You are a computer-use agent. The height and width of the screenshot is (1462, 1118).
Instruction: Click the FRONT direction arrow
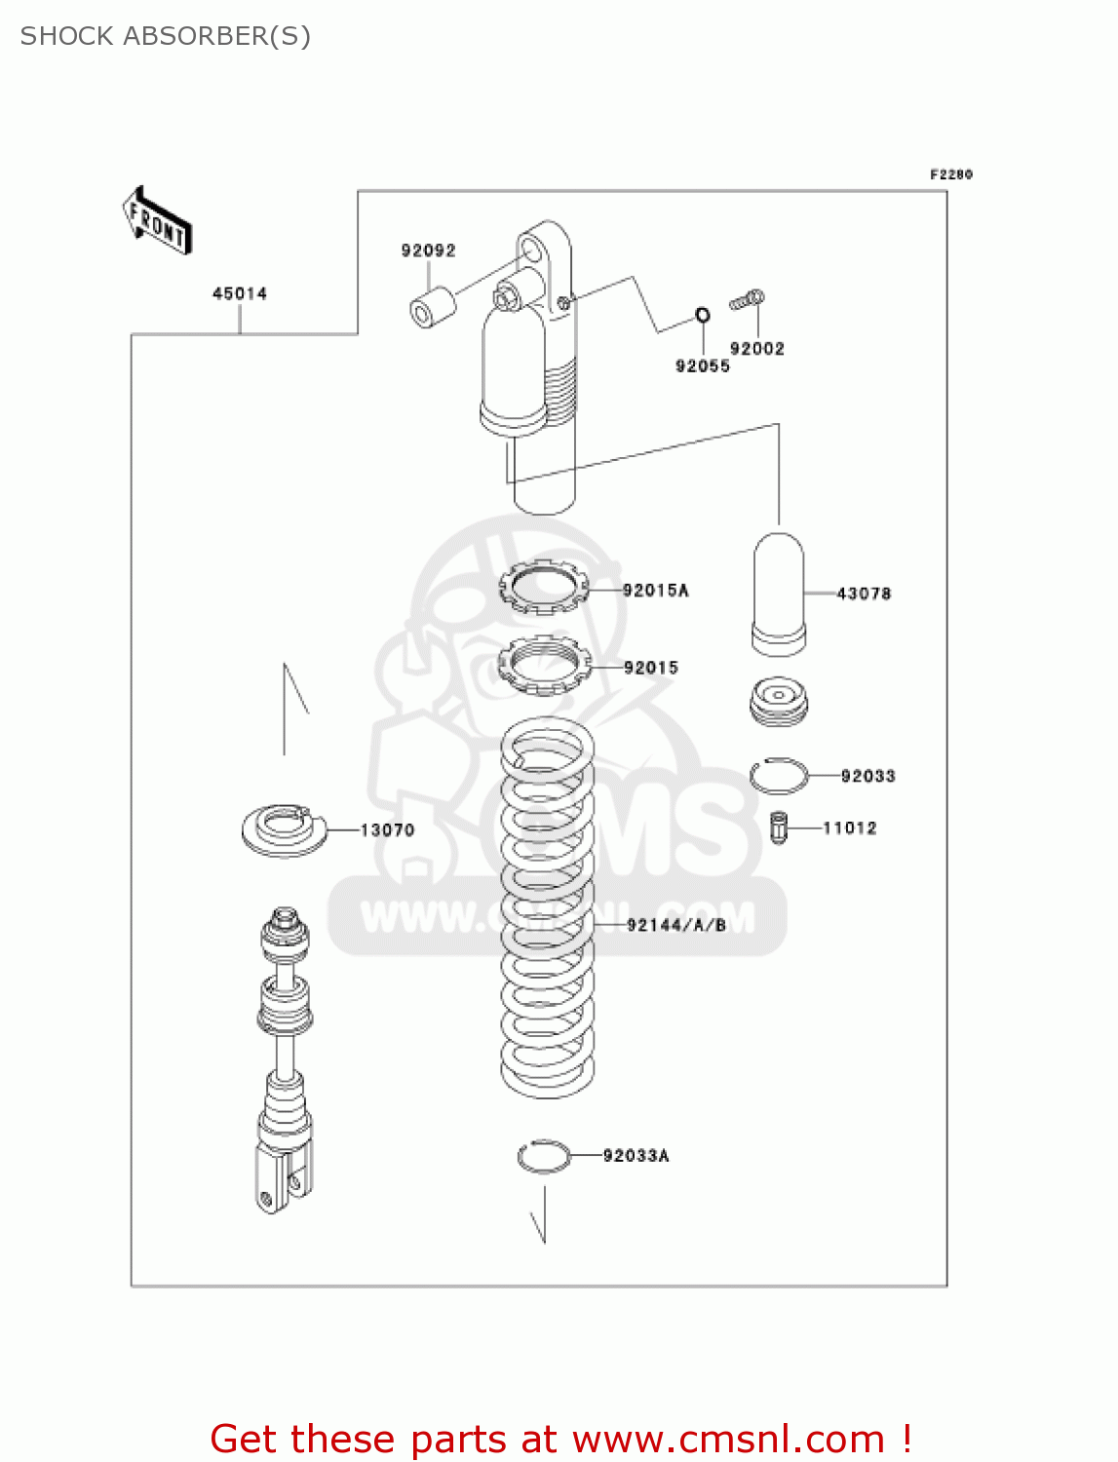[x=157, y=222]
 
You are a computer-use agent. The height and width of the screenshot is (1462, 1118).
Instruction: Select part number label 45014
[x=240, y=293]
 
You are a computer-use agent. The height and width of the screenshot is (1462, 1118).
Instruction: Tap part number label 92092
[x=428, y=250]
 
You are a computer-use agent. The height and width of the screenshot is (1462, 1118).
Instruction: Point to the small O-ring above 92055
[x=702, y=315]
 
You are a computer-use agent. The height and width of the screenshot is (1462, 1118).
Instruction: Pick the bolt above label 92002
[x=748, y=301]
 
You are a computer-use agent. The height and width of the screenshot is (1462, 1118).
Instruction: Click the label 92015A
[x=655, y=590]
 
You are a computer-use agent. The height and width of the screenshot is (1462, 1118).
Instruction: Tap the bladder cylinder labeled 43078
[x=779, y=594]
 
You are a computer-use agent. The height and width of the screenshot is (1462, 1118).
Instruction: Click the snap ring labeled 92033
[x=779, y=776]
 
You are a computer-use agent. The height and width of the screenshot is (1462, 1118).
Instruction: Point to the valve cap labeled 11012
[x=778, y=827]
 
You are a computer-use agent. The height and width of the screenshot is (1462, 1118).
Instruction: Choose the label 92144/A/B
[x=676, y=925]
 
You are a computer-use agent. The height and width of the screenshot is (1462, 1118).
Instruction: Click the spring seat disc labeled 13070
[x=283, y=829]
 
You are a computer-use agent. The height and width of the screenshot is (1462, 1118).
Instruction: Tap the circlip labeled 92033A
[x=544, y=1156]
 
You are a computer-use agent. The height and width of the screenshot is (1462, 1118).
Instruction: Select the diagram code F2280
[x=950, y=174]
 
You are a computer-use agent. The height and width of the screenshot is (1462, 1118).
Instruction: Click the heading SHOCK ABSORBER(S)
[x=166, y=36]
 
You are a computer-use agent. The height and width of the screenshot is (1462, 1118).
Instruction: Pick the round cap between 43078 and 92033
[x=779, y=699]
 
